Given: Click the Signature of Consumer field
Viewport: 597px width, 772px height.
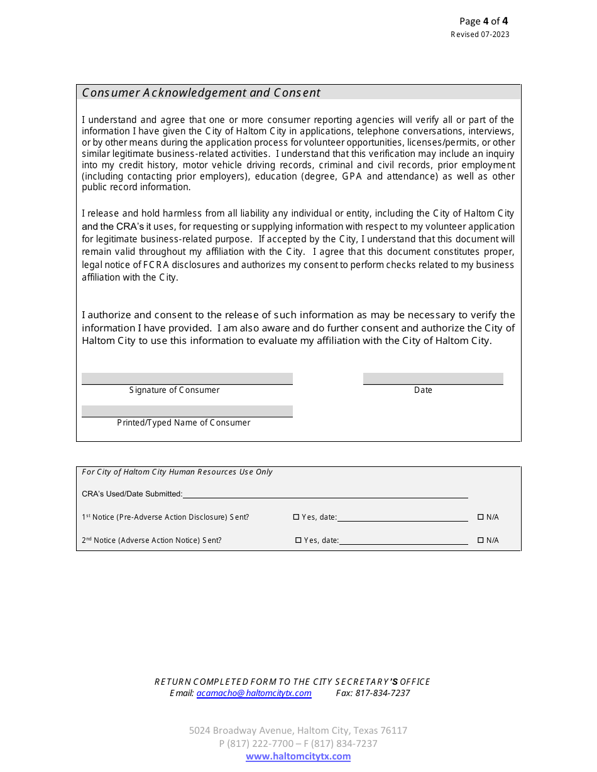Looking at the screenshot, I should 187,378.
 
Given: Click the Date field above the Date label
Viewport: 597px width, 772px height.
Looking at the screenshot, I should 433,378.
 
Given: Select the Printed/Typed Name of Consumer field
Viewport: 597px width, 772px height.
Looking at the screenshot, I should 187,411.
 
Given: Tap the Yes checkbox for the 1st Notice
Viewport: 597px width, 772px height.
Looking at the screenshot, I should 297,517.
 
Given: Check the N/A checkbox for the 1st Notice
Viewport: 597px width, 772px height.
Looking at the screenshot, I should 481,517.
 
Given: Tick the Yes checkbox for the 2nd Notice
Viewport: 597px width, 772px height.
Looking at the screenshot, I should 298,540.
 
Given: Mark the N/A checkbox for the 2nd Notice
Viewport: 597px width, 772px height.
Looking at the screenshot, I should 481,540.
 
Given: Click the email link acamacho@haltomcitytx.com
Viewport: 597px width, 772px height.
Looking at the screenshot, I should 254,693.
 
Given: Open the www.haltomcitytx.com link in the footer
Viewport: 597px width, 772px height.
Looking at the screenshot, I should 298,756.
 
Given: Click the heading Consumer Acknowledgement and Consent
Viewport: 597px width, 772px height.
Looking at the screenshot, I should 201,93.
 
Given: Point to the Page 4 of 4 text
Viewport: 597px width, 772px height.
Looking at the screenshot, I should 483,21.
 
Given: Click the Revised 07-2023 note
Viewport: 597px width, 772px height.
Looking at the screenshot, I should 479,35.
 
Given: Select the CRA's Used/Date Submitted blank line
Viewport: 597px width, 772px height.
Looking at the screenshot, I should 325,493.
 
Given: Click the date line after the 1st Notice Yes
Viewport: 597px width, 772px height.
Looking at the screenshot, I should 402,517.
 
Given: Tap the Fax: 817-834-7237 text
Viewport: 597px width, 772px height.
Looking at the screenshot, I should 373,693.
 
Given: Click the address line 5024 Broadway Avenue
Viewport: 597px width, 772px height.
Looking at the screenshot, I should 298,731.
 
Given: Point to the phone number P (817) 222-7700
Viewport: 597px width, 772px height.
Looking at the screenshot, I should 256,744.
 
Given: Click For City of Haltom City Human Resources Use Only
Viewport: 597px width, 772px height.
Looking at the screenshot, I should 177,472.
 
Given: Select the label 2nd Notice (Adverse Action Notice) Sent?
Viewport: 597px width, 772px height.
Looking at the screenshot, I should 151,540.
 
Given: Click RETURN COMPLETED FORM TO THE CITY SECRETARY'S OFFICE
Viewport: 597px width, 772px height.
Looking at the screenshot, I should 292,682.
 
